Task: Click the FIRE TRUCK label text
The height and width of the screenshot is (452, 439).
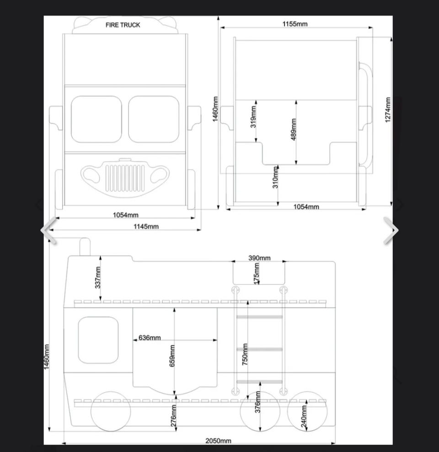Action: pyautogui.click(x=123, y=25)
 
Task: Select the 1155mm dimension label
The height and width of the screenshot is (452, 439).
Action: pyautogui.click(x=294, y=24)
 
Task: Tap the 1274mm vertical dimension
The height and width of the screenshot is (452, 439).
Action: pyautogui.click(x=388, y=109)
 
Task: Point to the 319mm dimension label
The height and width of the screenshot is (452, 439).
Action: pyautogui.click(x=253, y=117)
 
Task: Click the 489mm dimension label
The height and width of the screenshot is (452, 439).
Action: pyautogui.click(x=294, y=129)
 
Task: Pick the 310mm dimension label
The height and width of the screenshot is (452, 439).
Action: pyautogui.click(x=275, y=178)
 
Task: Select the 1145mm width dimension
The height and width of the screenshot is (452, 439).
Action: pyautogui.click(x=146, y=226)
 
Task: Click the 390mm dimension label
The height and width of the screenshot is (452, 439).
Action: pyautogui.click(x=259, y=258)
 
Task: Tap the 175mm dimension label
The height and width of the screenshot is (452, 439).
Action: pyautogui.click(x=257, y=273)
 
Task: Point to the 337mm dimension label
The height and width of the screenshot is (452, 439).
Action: pyautogui.click(x=98, y=277)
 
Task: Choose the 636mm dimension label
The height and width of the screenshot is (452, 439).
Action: pyautogui.click(x=150, y=338)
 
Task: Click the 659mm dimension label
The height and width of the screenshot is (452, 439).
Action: pyautogui.click(x=172, y=356)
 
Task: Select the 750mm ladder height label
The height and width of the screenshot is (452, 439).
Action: pyautogui.click(x=245, y=354)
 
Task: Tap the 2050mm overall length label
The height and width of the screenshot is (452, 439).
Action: pyautogui.click(x=218, y=441)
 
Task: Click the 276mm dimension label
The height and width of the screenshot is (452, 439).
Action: pyautogui.click(x=173, y=416)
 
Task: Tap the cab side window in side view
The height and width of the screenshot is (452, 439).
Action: pyautogui.click(x=98, y=340)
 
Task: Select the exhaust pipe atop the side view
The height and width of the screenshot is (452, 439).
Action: pyautogui.click(x=85, y=247)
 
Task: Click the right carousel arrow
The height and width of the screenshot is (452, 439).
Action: pyautogui.click(x=391, y=230)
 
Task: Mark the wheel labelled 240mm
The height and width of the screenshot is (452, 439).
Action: pyautogui.click(x=307, y=411)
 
